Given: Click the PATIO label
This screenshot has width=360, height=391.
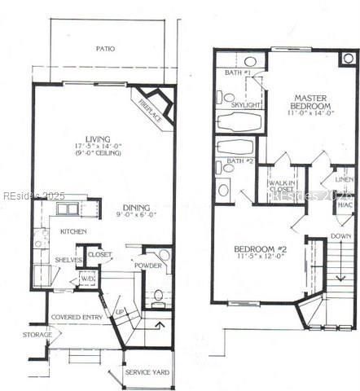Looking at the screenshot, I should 104,49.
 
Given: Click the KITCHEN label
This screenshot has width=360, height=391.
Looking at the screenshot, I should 74,232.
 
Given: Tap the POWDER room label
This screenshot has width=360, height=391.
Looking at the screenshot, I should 147,265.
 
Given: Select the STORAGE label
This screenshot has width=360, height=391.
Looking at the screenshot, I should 37,335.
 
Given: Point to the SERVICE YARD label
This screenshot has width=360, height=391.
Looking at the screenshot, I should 147,372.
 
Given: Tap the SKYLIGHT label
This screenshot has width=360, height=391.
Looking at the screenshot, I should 245,105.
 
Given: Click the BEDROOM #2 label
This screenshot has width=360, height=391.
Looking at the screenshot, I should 258,253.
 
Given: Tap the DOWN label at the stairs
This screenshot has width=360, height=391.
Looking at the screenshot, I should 340,236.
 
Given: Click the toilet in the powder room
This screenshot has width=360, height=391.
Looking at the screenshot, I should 159,295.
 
